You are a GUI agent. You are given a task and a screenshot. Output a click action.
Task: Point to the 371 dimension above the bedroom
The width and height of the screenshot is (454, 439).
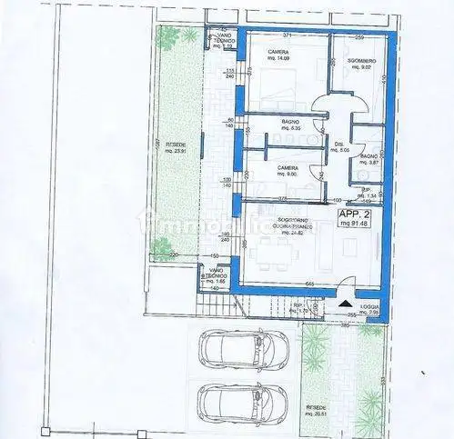point(287,35)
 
